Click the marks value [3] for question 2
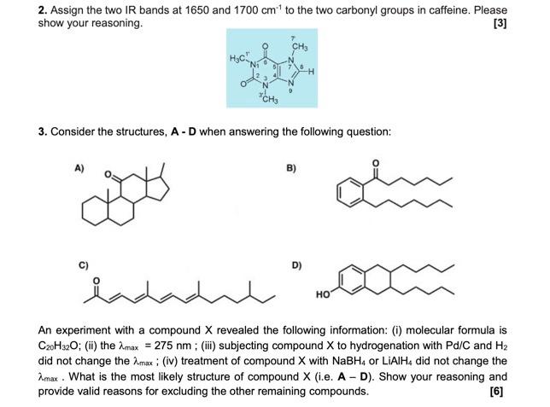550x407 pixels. (500, 24)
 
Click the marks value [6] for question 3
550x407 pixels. (496, 392)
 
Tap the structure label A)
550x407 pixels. (79, 168)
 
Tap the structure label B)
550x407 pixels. (291, 168)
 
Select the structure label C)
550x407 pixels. (83, 265)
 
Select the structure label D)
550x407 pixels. (296, 265)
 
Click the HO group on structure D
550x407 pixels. (323, 294)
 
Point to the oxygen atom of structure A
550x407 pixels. (108, 174)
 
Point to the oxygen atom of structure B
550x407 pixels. (376, 163)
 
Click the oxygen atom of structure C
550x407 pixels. (96, 281)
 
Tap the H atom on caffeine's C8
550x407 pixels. (311, 72)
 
